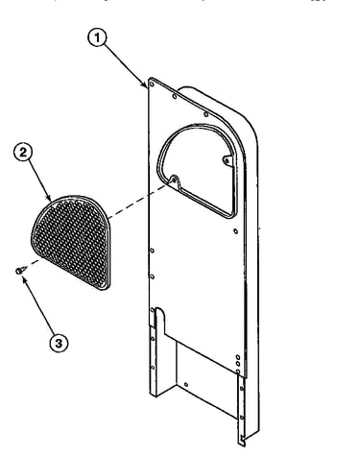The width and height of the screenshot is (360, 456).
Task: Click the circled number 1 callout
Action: point(97,37)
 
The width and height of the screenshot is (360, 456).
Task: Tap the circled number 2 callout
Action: point(23,152)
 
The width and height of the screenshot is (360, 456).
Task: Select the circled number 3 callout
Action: point(59,343)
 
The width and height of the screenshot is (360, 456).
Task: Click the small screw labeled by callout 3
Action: point(19,272)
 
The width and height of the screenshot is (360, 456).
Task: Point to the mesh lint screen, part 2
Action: point(71,242)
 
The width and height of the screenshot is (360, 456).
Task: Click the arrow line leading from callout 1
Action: point(125,65)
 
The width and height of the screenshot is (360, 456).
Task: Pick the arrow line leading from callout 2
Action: point(39,180)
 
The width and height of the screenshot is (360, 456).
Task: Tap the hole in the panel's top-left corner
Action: point(152,84)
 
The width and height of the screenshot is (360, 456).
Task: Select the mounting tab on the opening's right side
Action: point(227,160)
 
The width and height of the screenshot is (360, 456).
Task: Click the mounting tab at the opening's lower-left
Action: point(174,180)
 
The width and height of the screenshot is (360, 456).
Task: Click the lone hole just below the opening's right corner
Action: point(235,230)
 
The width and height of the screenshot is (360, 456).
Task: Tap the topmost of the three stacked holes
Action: point(238,357)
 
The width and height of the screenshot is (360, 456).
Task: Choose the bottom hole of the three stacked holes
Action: point(238,372)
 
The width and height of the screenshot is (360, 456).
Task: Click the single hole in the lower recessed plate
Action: point(186,384)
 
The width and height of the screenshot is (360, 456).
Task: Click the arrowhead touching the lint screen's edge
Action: point(50,199)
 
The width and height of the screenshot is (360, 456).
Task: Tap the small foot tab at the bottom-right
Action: point(242,441)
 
